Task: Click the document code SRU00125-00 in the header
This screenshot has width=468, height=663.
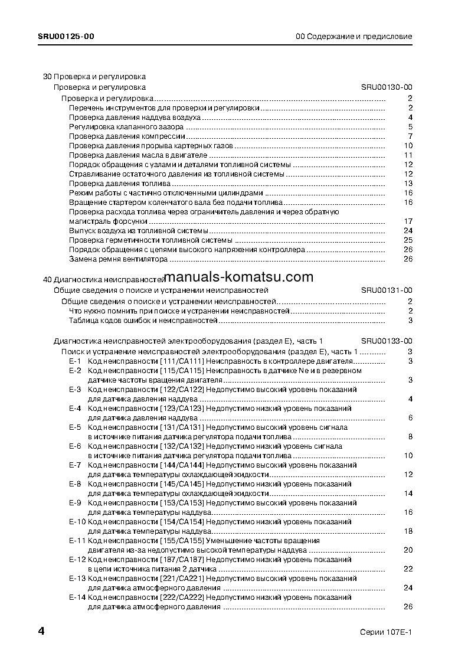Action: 66,37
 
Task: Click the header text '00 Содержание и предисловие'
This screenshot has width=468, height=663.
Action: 354,37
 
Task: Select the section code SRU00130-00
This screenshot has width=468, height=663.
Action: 387,87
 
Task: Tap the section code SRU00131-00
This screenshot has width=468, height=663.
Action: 387,290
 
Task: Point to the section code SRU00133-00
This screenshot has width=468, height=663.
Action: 387,341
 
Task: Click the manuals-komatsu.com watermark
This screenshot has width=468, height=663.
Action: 239,277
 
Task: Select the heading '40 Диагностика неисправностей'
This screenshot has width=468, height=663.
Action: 104,279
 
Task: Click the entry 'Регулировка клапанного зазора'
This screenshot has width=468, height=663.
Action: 126,127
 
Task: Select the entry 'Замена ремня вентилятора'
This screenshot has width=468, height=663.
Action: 118,259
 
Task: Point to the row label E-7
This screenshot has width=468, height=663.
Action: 75,465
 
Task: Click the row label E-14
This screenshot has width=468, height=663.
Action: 77,597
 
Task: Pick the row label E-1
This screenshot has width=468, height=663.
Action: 75,361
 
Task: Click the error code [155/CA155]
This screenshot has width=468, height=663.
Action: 182,540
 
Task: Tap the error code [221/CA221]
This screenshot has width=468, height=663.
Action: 182,579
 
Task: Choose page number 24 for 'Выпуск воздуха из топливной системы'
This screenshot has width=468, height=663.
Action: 407,230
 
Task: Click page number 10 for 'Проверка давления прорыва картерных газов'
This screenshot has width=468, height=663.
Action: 408,146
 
